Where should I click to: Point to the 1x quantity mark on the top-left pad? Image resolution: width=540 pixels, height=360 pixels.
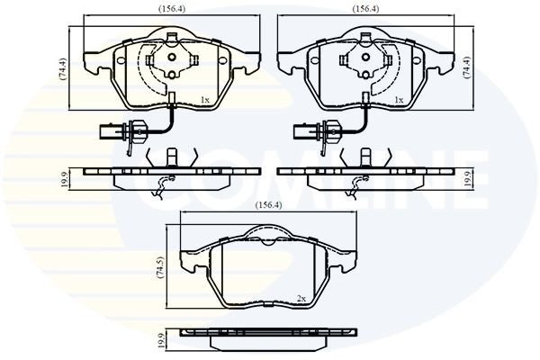pos(204,99)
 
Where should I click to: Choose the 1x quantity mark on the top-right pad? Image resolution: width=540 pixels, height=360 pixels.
pos(398,99)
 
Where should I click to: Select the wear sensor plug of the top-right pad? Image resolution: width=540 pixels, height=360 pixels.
pos(304,133)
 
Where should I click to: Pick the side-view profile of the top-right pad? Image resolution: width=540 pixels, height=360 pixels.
pos(364,175)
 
